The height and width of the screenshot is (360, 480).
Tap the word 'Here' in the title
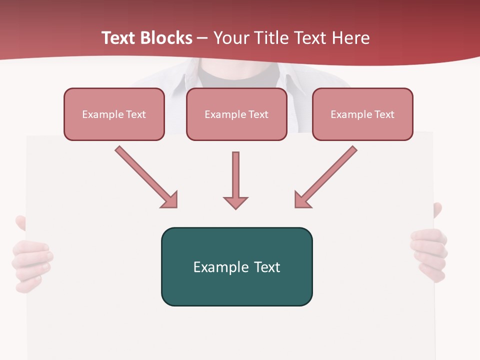coord(351,38)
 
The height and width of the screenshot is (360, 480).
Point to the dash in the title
coord(202,38)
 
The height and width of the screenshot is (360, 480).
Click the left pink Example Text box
coord(114,114)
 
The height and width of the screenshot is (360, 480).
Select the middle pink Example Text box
coord(236,114)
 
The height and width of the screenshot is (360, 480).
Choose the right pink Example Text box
coord(362,114)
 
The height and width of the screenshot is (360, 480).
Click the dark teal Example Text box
coord(236,266)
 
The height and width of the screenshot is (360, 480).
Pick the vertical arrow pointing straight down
coord(235,180)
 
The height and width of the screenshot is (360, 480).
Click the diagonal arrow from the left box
coord(146,177)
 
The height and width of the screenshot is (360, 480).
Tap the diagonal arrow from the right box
coord(325,177)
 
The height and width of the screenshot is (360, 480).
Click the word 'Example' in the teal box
coord(221,267)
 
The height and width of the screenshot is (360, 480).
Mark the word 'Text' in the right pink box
coord(384,114)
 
